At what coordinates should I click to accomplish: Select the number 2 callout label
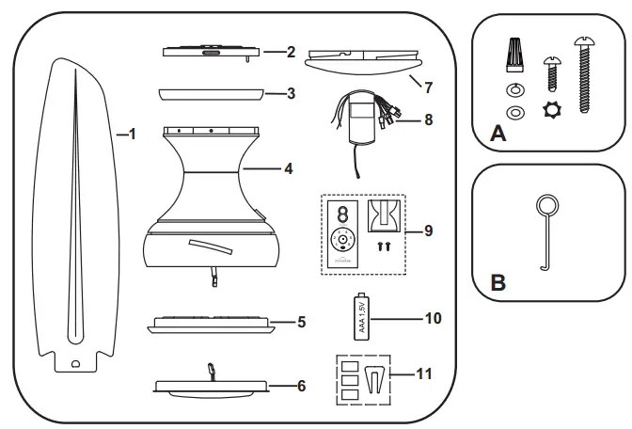coord(292,50)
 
